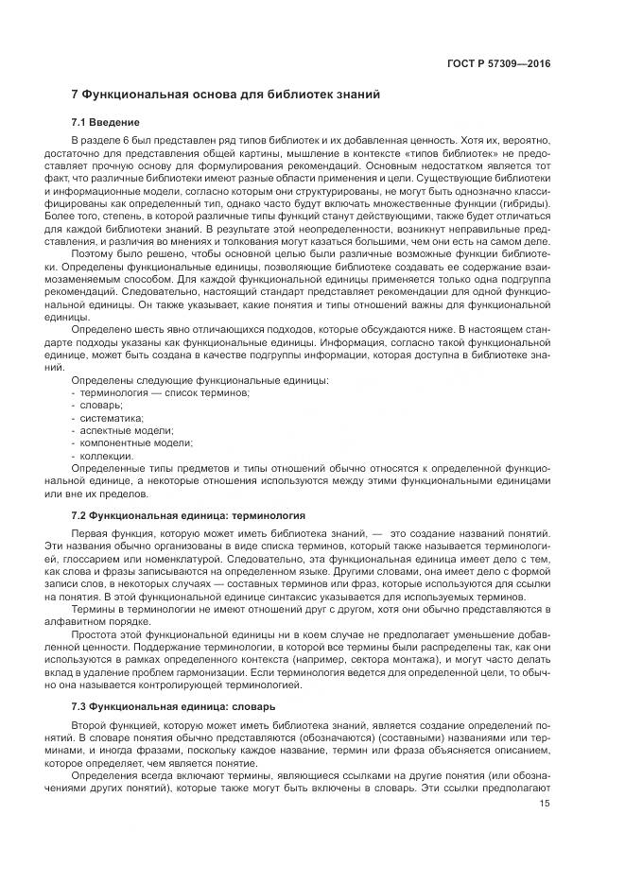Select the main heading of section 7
tap(226, 96)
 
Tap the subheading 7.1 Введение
tap(106, 123)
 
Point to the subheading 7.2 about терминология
tap(188, 516)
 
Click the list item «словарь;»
tap(100, 405)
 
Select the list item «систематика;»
tap(109, 417)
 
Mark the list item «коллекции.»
tap(105, 455)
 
